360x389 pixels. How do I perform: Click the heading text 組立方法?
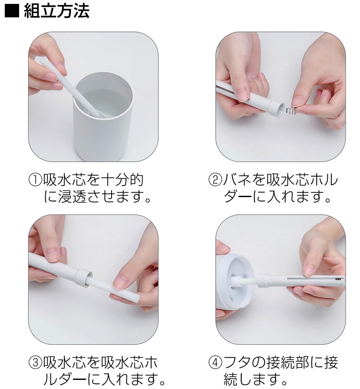coord(57,11)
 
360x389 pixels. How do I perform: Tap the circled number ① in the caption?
coord(35,180)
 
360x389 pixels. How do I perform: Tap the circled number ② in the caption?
coord(215,180)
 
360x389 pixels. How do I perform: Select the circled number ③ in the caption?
coord(35,363)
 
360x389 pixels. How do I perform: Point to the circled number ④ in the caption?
coord(215,363)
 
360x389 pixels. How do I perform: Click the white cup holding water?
coord(103,117)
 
